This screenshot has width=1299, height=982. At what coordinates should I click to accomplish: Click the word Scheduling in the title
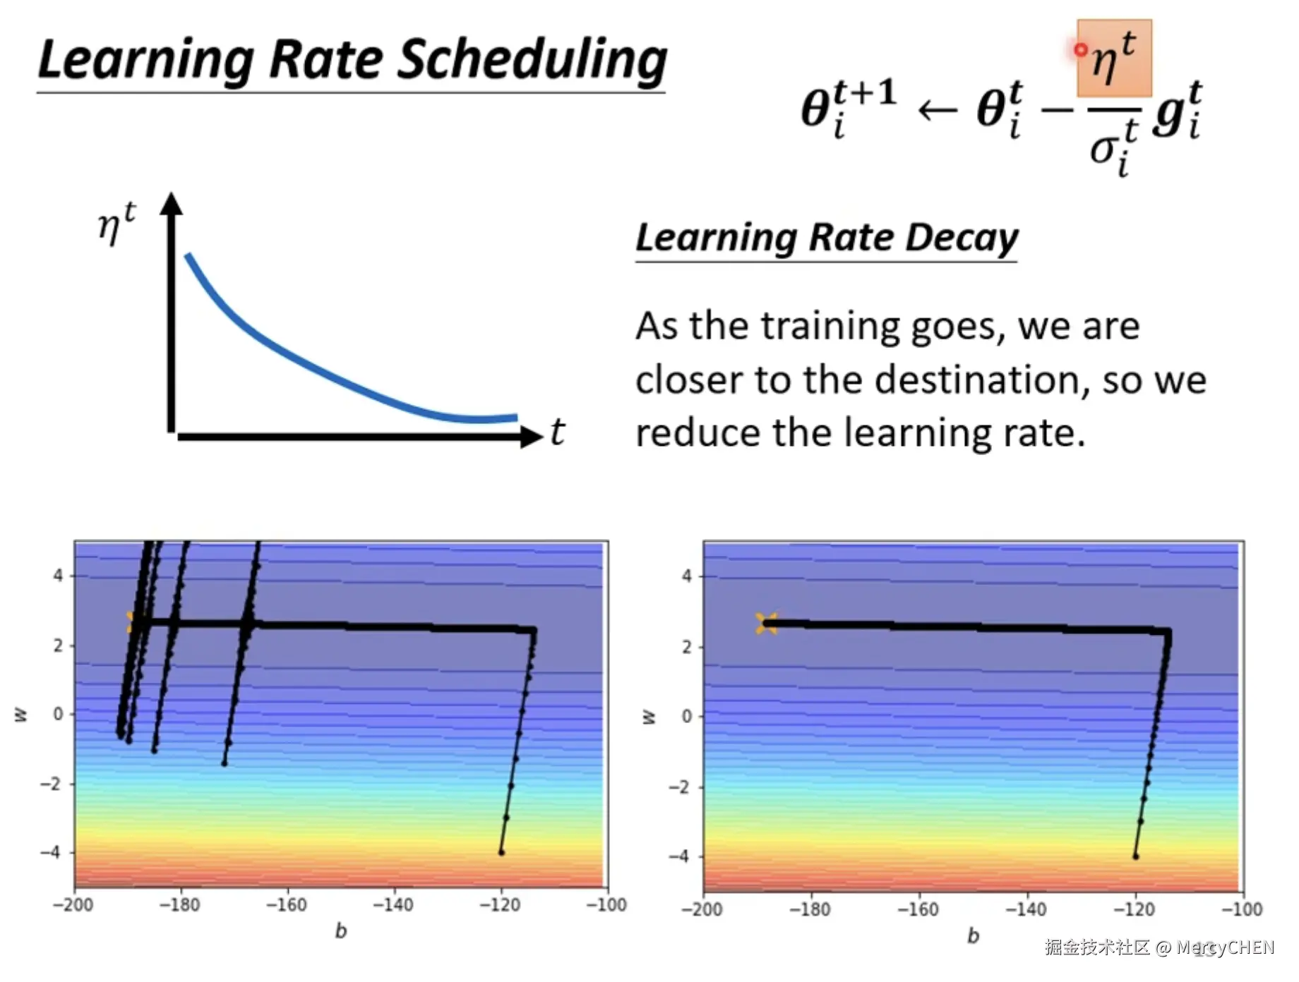pos(532,61)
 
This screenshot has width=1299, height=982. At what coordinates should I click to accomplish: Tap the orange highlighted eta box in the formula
pos(1114,58)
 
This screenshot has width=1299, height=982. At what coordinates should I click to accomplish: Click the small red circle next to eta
pos(1080,49)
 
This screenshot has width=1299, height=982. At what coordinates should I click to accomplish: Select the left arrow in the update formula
pos(937,110)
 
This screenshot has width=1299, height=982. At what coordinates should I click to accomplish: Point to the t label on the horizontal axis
pos(558,432)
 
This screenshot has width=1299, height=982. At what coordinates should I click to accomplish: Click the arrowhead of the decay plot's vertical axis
pos(171,203)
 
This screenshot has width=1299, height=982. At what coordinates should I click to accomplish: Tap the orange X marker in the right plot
pos(766,623)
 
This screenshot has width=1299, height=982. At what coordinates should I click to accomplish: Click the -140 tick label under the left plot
pos(393,904)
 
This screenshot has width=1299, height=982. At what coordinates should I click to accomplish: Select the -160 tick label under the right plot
pos(918,909)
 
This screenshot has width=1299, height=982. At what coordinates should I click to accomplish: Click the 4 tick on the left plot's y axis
pos(58,576)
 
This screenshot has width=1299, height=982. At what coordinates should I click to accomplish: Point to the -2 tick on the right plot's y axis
pos(680,787)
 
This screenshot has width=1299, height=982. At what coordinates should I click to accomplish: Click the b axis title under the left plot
pos(341,931)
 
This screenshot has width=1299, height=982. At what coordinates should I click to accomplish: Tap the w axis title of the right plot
pos(649,717)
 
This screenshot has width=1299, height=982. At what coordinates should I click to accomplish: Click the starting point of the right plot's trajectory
pos(1135,856)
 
